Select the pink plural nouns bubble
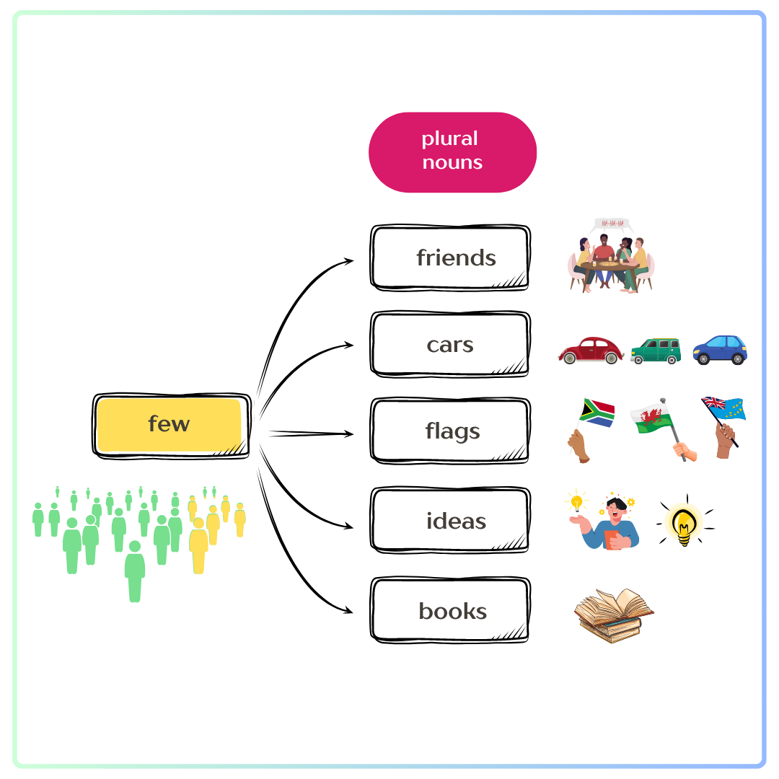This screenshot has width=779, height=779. (452, 151)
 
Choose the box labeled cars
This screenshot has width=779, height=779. (451, 345)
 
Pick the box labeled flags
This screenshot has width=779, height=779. (451, 431)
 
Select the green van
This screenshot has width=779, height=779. (656, 351)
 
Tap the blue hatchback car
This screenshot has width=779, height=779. (720, 350)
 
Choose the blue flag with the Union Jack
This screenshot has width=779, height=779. (725, 408)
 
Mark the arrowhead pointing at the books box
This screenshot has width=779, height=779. (349, 612)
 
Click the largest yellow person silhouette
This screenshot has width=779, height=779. (198, 545)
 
